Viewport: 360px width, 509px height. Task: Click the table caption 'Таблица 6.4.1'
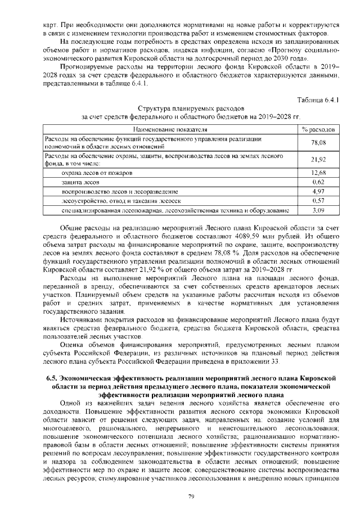(x=321, y=100)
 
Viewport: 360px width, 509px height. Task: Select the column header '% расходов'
(x=319, y=129)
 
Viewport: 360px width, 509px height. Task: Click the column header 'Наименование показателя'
(x=168, y=129)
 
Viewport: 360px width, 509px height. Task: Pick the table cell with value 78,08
(x=319, y=142)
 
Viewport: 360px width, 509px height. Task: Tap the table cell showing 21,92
(x=319, y=159)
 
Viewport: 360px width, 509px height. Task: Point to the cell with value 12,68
(x=319, y=172)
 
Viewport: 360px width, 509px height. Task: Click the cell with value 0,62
(x=319, y=182)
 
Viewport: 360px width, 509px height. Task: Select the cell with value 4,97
(x=319, y=191)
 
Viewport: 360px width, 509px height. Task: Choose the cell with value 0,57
(x=319, y=201)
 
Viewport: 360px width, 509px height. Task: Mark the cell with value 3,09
(x=319, y=210)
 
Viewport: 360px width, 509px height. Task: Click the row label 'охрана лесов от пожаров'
(x=97, y=172)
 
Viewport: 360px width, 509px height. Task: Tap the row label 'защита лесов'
(x=81, y=182)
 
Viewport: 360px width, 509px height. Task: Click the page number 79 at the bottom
(x=191, y=496)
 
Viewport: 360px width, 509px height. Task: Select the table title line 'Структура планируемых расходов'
(x=191, y=107)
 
